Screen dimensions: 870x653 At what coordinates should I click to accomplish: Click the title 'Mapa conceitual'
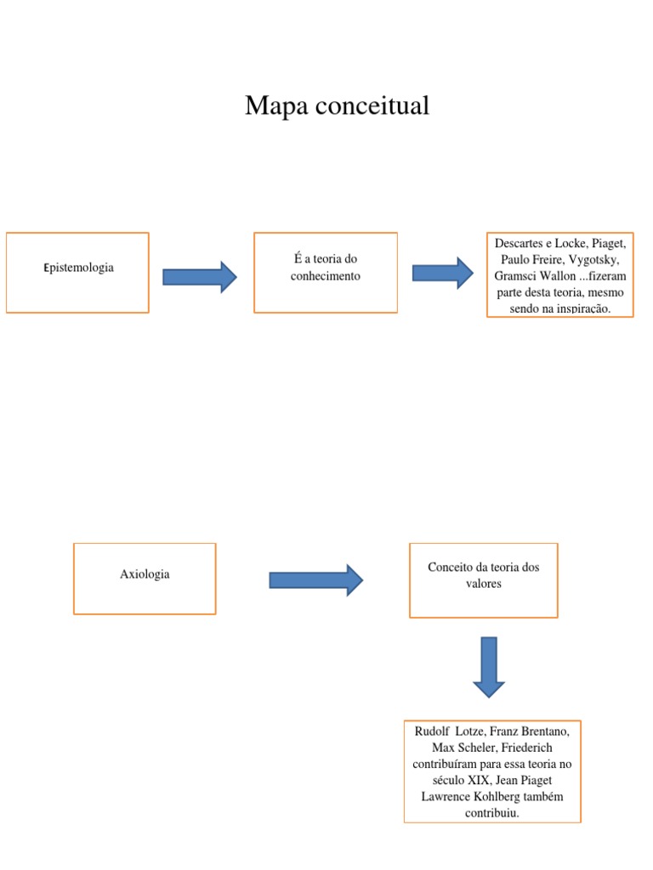(x=337, y=106)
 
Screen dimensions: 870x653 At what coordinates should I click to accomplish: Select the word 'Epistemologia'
(x=78, y=268)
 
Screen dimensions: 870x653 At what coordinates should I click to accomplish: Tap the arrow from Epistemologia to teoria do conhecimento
(x=199, y=277)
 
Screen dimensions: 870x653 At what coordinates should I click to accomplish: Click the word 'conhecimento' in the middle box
(x=326, y=276)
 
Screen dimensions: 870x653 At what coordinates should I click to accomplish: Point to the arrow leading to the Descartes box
(x=442, y=273)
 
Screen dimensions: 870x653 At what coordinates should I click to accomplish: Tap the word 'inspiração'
(x=582, y=308)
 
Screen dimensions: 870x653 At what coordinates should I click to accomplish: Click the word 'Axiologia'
(x=145, y=574)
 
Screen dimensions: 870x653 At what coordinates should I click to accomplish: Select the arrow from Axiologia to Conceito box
(x=315, y=580)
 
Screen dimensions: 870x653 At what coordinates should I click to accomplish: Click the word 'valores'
(x=483, y=584)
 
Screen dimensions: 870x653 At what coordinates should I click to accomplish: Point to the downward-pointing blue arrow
(x=489, y=667)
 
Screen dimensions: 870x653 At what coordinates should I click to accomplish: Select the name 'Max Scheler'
(x=464, y=748)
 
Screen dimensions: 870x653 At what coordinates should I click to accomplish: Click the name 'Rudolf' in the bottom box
(x=432, y=732)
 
